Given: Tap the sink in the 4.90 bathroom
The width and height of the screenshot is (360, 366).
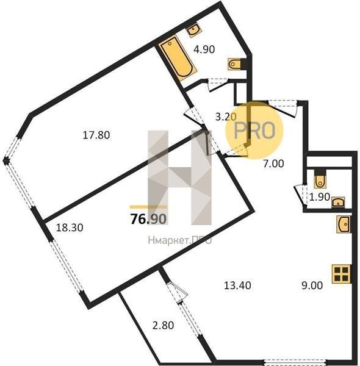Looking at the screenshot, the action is coord(194,30).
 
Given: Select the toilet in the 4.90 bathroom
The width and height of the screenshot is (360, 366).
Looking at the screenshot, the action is coord(234,64).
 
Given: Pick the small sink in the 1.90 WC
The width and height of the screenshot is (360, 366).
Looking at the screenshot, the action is coord(338,202).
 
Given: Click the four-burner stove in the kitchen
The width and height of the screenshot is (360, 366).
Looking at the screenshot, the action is coord(341,274).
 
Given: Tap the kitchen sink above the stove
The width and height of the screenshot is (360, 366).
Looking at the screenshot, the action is coord(344,224).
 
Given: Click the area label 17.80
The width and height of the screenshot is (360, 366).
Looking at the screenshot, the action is coord(96,135).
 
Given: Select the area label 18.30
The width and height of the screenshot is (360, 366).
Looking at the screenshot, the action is coord(70,228).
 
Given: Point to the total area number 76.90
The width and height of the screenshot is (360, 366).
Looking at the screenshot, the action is coord(148,219).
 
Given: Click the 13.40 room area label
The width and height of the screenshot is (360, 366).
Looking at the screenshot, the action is coord(237,285).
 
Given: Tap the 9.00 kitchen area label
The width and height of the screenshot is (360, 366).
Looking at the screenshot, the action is coord(312,285).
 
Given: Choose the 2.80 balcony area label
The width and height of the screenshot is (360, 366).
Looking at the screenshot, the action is coord(163,325).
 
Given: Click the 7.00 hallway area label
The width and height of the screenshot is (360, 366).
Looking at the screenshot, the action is coord(273,163).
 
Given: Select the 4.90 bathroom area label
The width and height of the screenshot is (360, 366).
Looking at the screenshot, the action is coord(204,49).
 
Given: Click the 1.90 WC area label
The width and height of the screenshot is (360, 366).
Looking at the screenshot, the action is coord(319,197).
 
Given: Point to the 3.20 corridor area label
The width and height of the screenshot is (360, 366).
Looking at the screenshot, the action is coord(226,117).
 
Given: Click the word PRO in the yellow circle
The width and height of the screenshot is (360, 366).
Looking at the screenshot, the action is coord(254,131).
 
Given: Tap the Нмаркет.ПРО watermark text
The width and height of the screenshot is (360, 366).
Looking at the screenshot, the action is coord(180,240).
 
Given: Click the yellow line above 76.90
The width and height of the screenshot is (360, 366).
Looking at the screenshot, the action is coord(148,207).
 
